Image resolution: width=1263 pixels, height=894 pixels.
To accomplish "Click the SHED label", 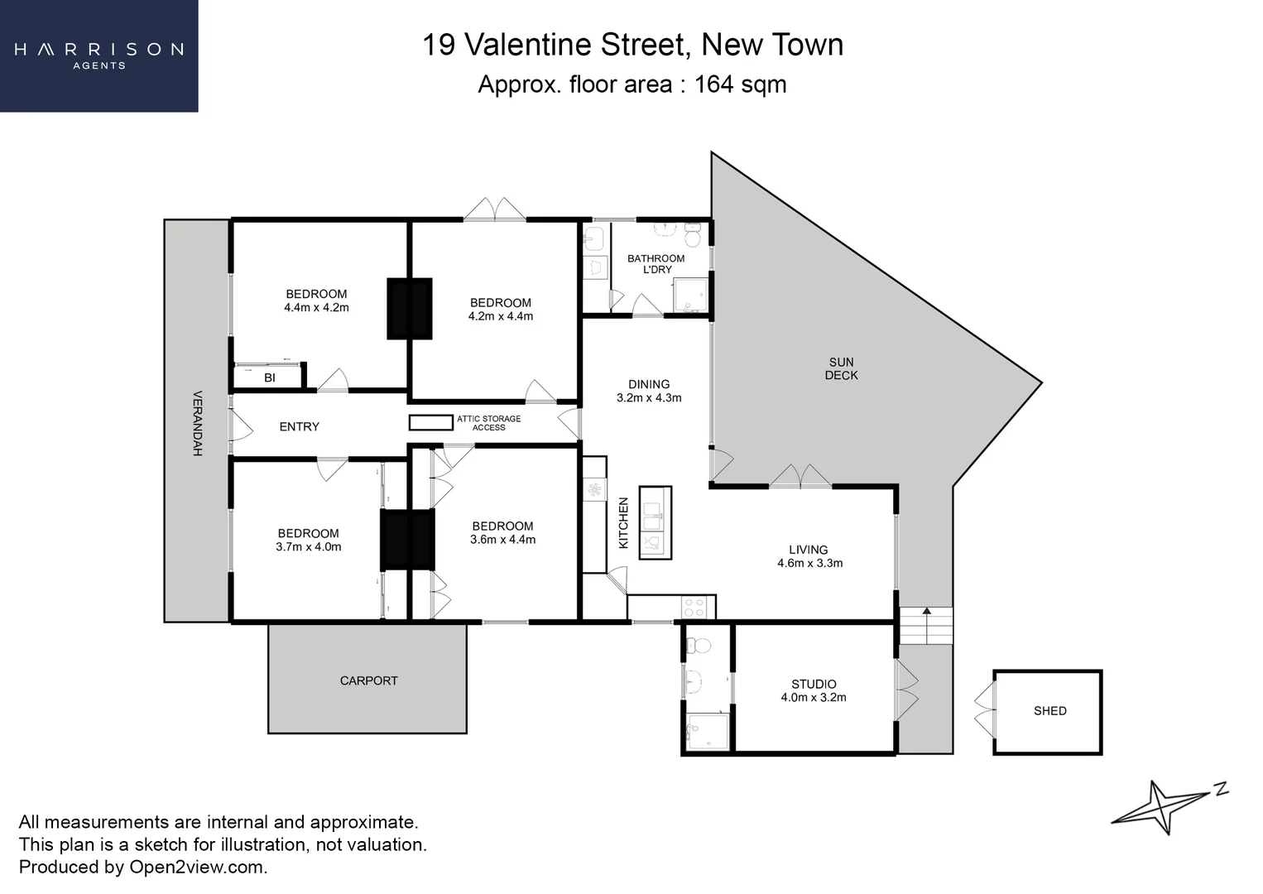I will [1049, 711].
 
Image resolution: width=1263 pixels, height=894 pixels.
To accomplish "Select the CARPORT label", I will [368, 680].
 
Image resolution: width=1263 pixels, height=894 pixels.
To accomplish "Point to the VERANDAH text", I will [198, 423].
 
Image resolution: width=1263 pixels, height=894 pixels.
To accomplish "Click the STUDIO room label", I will [814, 684].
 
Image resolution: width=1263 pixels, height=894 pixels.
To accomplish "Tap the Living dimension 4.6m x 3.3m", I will [809, 563].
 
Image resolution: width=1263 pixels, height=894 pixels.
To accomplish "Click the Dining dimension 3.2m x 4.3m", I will [649, 397].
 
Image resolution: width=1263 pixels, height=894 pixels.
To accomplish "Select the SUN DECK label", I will [841, 368].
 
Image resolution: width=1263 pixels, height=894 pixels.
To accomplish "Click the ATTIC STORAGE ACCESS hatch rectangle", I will [430, 422].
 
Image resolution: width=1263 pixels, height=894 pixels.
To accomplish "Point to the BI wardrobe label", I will [270, 377].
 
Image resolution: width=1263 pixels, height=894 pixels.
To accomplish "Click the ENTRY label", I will [299, 426].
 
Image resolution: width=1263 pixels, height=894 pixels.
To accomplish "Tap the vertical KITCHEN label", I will [624, 522].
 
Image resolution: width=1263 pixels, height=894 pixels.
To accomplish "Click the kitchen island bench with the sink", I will [655, 522].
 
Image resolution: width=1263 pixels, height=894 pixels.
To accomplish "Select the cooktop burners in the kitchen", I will [694, 608].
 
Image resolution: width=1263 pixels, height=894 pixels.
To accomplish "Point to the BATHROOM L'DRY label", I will [656, 264].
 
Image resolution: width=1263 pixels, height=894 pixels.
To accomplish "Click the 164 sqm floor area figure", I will [740, 84].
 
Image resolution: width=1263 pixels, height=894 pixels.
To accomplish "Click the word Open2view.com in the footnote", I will [198, 867].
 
